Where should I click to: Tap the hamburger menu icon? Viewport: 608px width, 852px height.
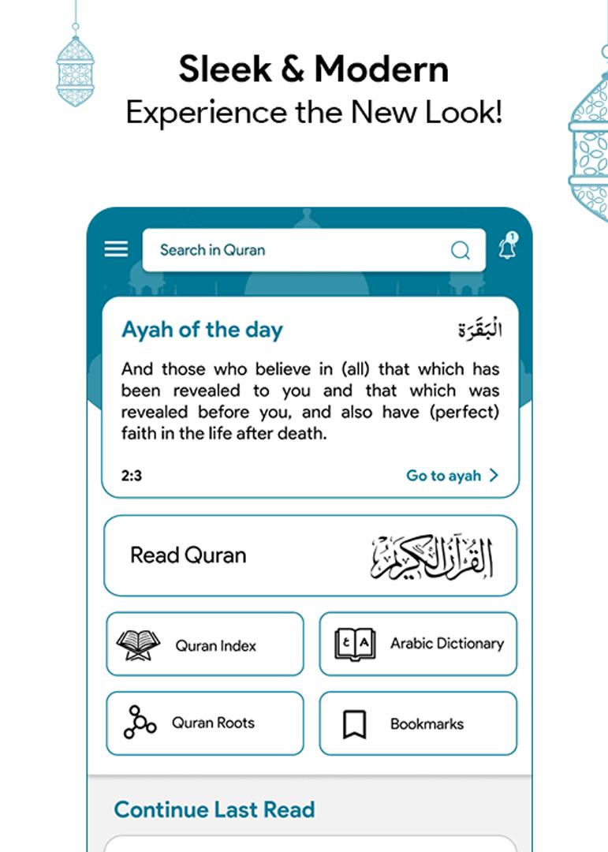[116, 249]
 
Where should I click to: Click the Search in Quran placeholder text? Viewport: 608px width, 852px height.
[212, 250]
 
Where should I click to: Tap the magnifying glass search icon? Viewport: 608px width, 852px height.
[461, 251]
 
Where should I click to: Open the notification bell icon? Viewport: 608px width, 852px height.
[507, 248]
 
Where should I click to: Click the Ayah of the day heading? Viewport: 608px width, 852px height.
[202, 330]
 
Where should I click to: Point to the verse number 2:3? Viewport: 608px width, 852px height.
[132, 476]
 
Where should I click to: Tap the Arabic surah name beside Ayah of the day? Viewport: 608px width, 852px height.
[479, 329]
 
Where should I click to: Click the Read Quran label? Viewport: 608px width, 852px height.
[188, 555]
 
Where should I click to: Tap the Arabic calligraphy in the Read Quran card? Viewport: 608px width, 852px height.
[432, 557]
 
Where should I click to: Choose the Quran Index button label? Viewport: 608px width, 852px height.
[215, 645]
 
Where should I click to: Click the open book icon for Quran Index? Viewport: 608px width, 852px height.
[138, 645]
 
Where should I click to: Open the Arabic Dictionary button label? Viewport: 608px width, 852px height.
[446, 644]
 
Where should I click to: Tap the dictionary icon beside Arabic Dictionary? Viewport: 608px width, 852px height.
[355, 645]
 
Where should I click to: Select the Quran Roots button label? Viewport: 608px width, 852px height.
[213, 723]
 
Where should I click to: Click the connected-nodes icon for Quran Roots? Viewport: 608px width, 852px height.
[140, 722]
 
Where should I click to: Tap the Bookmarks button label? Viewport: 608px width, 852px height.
[427, 723]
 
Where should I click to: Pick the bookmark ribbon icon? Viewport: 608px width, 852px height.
[355, 724]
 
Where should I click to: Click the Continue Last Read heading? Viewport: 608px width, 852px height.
[214, 809]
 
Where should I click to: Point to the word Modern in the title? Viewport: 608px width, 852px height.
[381, 69]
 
